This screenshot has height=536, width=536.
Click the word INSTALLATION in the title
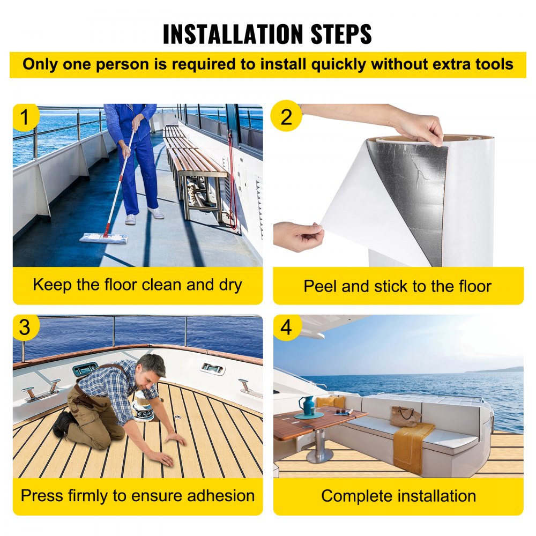224,34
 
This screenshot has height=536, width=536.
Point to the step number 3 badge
25,327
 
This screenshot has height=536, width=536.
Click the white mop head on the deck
104,237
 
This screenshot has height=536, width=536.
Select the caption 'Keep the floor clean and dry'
137,285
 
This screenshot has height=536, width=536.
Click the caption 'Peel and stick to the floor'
397,286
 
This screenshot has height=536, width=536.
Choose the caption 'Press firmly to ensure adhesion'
137,495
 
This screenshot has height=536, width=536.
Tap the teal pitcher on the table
307,405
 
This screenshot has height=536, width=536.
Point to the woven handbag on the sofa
405,416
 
